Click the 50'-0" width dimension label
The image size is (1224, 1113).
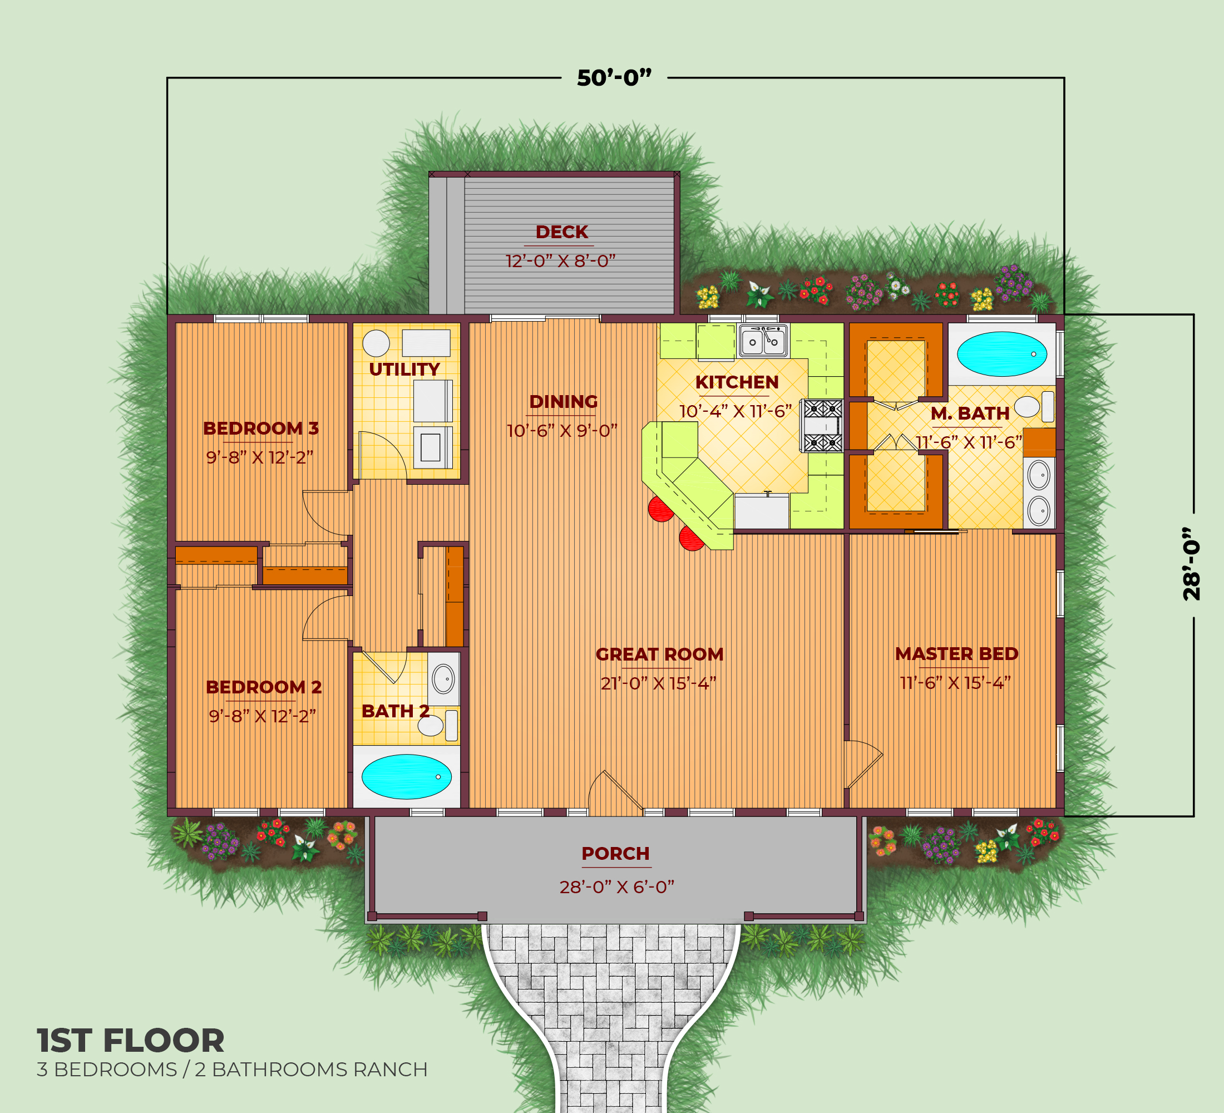pos(614,78)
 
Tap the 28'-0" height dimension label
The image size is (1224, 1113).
pos(1192,564)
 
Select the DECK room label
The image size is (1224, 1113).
pos(561,232)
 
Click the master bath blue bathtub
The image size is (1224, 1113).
pos(1002,353)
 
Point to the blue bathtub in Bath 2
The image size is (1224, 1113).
pos(406,777)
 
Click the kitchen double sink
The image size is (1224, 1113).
pos(763,341)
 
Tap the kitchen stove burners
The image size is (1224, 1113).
pos(821,425)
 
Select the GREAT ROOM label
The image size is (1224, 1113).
pos(659,654)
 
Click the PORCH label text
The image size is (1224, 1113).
pos(616,853)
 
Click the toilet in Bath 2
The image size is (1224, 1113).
pos(438,725)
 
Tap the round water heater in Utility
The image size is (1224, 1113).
pos(376,344)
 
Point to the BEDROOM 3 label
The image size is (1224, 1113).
pos(260,428)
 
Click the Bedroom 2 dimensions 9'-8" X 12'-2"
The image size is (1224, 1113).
pos(262,717)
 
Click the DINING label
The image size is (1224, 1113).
pos(564,401)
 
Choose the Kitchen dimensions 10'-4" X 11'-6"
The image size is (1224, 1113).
pos(736,412)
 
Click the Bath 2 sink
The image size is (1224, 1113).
pos(443,678)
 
